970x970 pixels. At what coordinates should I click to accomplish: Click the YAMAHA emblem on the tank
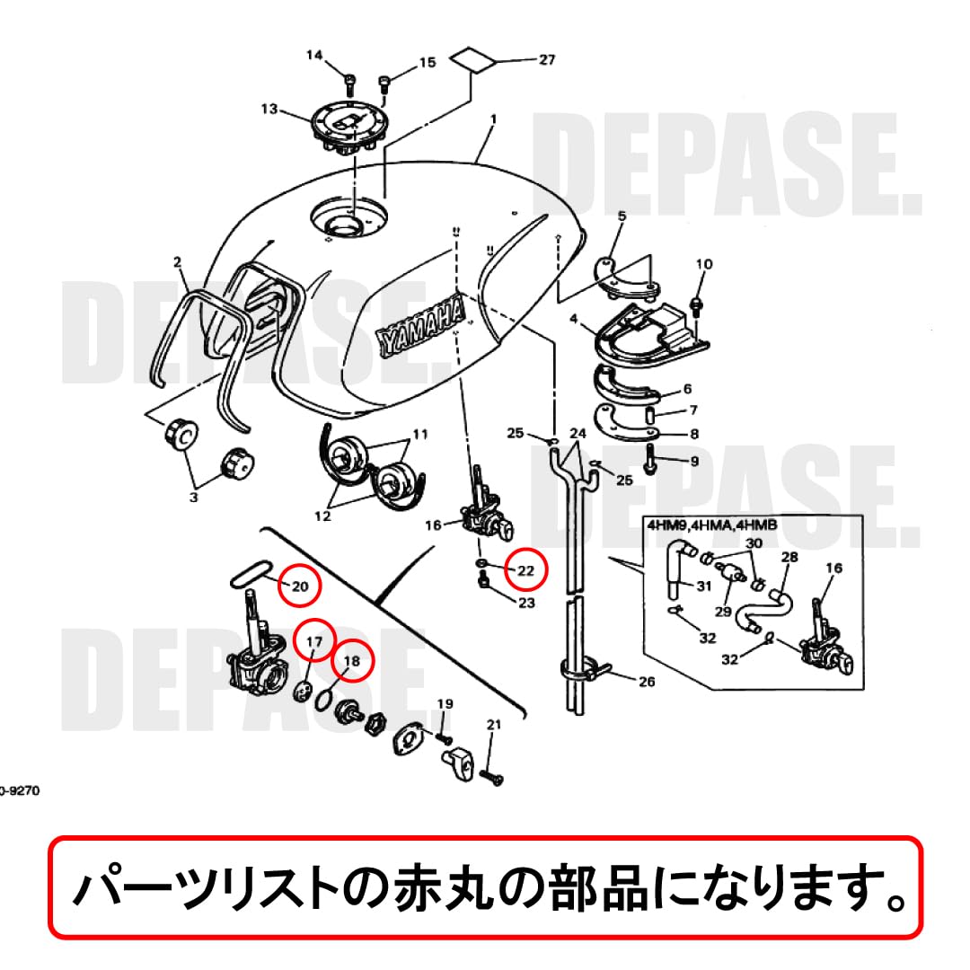click(420, 325)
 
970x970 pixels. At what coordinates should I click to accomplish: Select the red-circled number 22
click(526, 569)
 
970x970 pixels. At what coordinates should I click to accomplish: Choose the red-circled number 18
click(351, 660)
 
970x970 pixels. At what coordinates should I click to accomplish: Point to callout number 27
click(547, 60)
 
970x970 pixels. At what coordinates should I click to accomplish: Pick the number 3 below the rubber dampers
click(192, 496)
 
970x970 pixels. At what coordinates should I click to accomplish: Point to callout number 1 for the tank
click(492, 119)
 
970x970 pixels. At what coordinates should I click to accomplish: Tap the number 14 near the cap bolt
click(313, 56)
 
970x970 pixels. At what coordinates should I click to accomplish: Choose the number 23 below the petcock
click(525, 603)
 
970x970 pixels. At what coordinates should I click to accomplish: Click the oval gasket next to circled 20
click(251, 571)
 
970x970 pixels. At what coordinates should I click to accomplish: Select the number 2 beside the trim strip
click(178, 262)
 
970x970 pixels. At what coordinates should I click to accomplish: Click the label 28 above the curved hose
click(789, 558)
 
